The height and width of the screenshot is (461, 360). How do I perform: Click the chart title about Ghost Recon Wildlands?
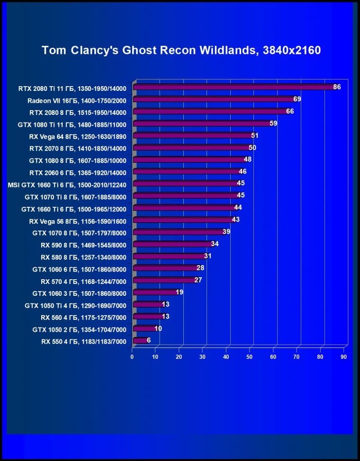181,50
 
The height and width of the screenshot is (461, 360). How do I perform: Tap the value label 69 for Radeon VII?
297,99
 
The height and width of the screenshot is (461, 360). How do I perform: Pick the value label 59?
273,124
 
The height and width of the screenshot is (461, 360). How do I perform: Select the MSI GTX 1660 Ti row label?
67,184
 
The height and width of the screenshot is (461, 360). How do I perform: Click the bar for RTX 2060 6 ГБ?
187,172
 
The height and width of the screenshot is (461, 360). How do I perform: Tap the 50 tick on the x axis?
250,356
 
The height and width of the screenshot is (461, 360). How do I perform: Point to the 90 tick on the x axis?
344,356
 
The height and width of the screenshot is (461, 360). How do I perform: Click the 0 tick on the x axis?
132,356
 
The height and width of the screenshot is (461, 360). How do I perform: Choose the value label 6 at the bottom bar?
149,340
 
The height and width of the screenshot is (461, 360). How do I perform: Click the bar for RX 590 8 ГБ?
173,244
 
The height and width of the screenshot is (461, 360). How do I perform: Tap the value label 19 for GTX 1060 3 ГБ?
180,293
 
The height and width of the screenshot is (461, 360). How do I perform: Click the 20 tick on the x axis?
179,356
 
